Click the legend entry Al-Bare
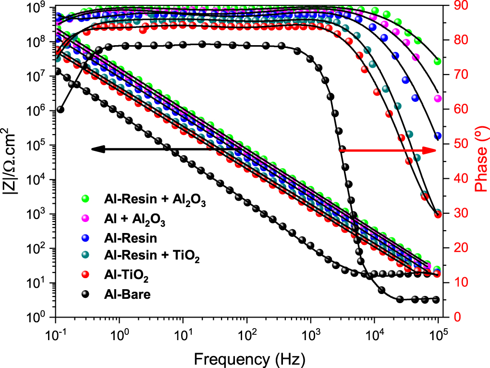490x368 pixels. [127, 294]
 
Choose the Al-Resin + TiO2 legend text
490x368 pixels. [151, 258]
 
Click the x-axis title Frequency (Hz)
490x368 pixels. [249, 358]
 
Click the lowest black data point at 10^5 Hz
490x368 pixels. [436, 299]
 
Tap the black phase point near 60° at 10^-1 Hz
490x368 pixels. [61, 110]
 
